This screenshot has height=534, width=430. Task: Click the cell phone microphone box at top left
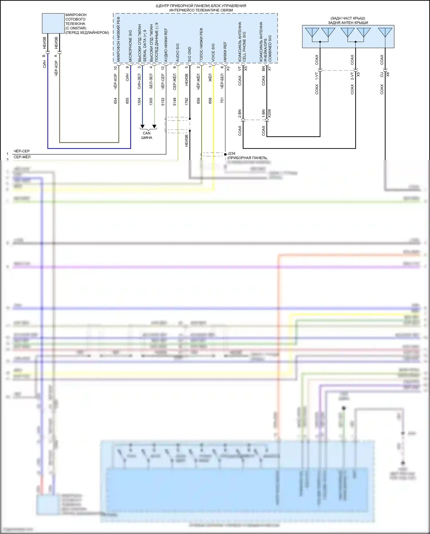53,23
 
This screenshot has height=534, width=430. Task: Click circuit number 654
116,101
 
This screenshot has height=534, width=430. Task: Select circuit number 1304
139,101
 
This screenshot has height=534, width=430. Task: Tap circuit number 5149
175,102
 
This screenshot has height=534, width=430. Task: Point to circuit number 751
222,100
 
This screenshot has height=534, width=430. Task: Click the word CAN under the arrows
146,133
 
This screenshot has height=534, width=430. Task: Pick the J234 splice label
231,154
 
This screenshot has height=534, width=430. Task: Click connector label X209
269,113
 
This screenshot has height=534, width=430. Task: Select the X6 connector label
388,74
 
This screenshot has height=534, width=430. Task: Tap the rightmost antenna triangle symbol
385,32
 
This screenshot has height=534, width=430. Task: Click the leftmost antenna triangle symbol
312,32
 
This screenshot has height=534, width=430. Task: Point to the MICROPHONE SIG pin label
130,46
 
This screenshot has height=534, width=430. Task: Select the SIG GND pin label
189,55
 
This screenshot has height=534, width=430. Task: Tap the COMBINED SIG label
270,48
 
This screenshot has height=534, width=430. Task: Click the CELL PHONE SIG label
244,46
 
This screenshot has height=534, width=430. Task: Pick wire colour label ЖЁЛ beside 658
210,77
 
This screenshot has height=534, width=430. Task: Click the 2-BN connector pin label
240,114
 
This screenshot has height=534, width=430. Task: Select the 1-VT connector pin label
317,76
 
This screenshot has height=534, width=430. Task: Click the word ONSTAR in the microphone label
77,28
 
